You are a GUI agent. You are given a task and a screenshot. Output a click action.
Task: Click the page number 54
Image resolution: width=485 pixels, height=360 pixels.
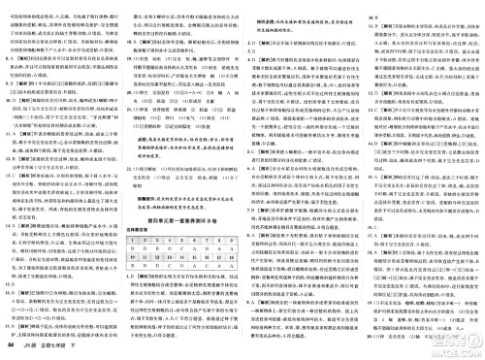click(10, 347)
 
